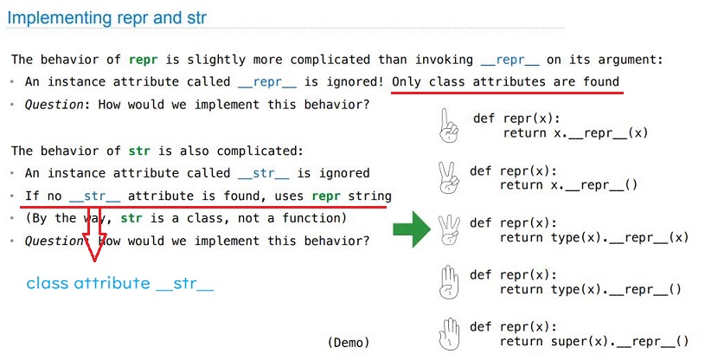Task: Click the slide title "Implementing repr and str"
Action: tap(107, 17)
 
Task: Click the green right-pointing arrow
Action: tap(412, 229)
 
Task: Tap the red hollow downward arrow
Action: tap(94, 234)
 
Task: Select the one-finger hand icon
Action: tap(448, 125)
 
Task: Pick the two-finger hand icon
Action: tap(448, 177)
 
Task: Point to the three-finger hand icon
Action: tap(449, 229)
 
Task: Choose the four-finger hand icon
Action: tap(449, 282)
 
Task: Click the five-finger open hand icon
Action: tap(449, 334)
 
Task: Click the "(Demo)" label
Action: tap(349, 343)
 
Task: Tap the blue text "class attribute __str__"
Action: tap(120, 284)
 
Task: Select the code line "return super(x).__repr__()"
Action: tap(594, 342)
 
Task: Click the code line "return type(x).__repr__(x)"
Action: tap(594, 237)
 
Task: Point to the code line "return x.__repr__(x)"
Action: tap(575, 133)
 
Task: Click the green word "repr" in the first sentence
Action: tap(144, 60)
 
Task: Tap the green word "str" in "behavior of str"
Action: tap(139, 151)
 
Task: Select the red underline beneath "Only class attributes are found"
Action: tap(507, 93)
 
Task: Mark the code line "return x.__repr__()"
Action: tap(568, 185)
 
